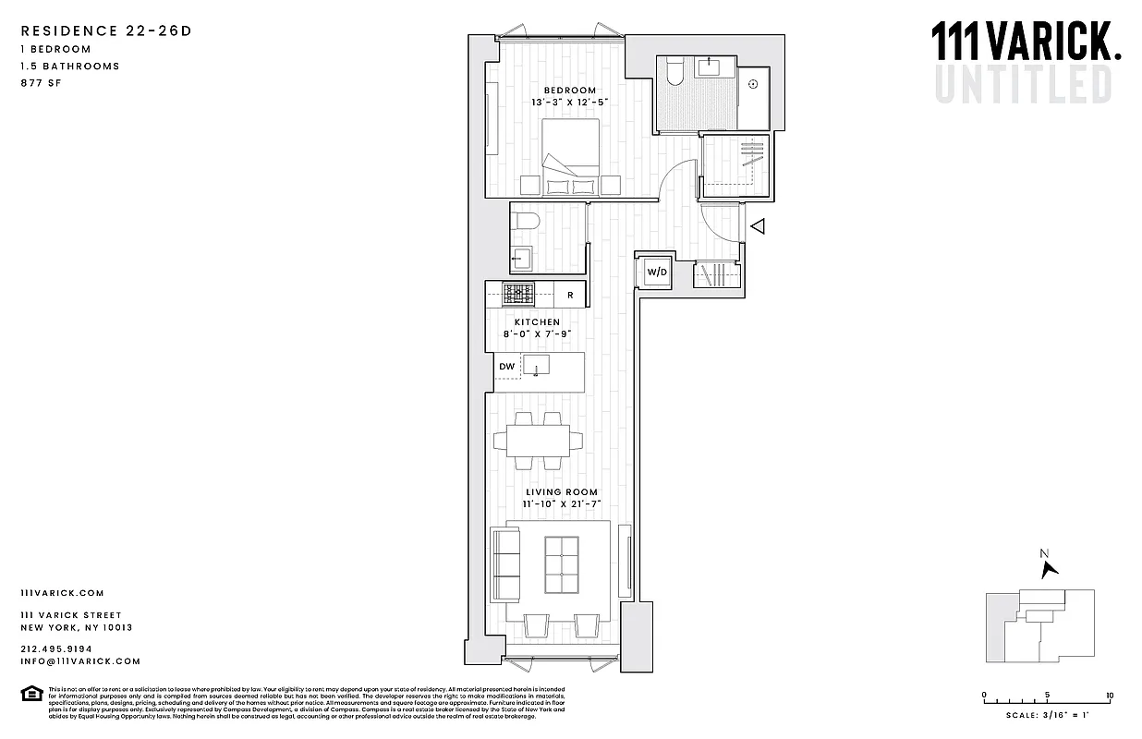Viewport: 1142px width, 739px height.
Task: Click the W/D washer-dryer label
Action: click(656, 273)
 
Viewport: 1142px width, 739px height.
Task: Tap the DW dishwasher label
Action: click(506, 367)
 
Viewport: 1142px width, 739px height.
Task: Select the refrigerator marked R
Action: click(570, 296)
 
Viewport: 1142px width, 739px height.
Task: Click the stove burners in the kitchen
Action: click(518, 294)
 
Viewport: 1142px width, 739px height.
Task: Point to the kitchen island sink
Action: click(536, 365)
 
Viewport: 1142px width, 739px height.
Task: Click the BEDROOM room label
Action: click(569, 91)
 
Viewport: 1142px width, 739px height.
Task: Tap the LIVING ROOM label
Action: click(562, 492)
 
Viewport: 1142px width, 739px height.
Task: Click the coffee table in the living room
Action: click(562, 565)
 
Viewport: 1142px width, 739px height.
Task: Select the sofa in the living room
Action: click(505, 564)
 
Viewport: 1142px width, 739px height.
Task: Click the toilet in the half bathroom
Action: click(526, 222)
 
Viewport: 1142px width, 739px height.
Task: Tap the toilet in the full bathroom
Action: click(674, 72)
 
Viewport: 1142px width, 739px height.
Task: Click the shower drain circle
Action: click(753, 84)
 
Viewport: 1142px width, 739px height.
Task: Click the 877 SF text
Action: click(38, 83)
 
